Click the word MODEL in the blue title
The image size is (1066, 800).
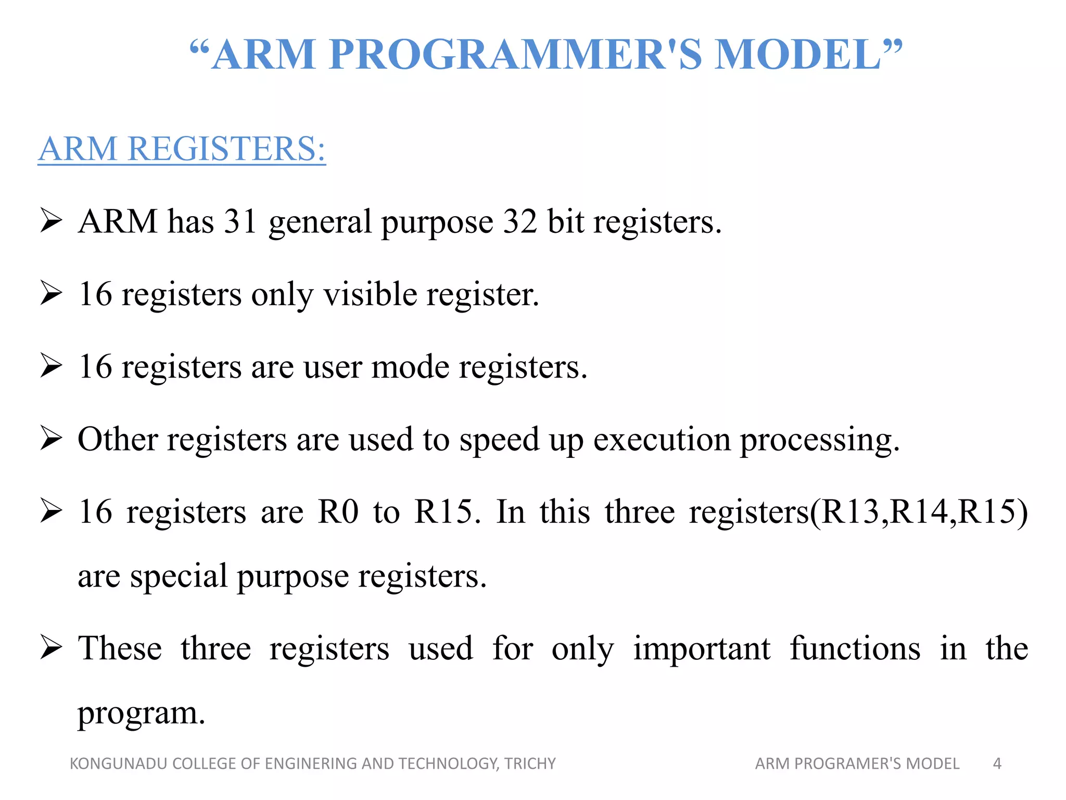(x=796, y=54)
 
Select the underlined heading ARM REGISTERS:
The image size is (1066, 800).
(x=182, y=149)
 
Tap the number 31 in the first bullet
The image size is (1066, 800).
(x=240, y=221)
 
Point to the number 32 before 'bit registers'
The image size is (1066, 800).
(x=519, y=221)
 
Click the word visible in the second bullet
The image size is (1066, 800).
(x=370, y=294)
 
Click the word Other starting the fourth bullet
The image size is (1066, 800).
(x=117, y=439)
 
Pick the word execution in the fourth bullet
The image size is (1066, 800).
(x=662, y=439)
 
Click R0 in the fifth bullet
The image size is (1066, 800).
(x=338, y=511)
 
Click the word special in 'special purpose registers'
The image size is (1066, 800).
(x=179, y=577)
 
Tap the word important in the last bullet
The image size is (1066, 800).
(x=701, y=649)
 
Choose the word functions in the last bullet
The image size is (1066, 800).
(x=855, y=649)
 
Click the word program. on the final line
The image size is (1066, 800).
(x=141, y=714)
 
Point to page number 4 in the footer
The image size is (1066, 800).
(x=997, y=764)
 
